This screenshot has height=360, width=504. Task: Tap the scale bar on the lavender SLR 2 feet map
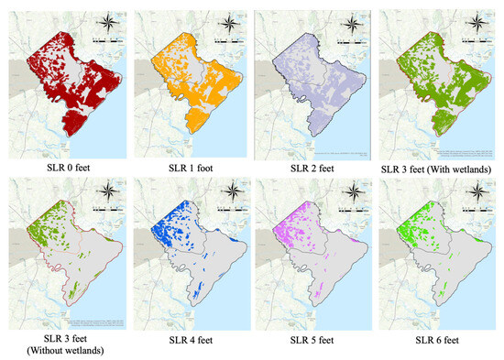[352, 40]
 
